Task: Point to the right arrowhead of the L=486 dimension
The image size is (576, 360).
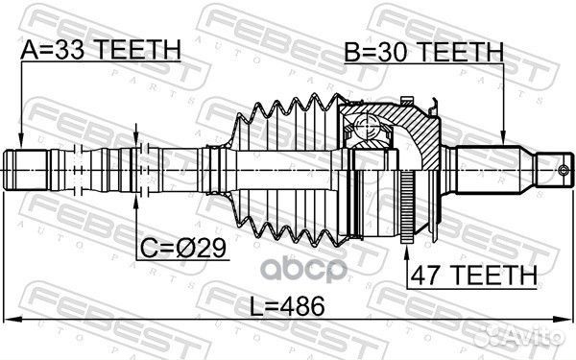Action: (566, 320)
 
